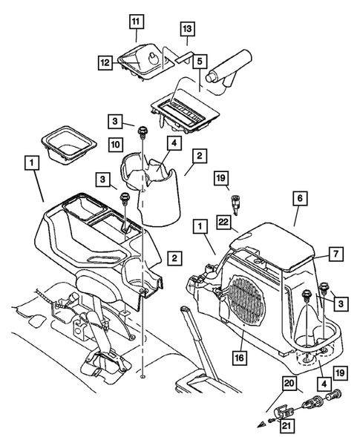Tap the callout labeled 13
187,28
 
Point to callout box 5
198,64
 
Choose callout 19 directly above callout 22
221,178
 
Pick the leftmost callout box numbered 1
30,160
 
